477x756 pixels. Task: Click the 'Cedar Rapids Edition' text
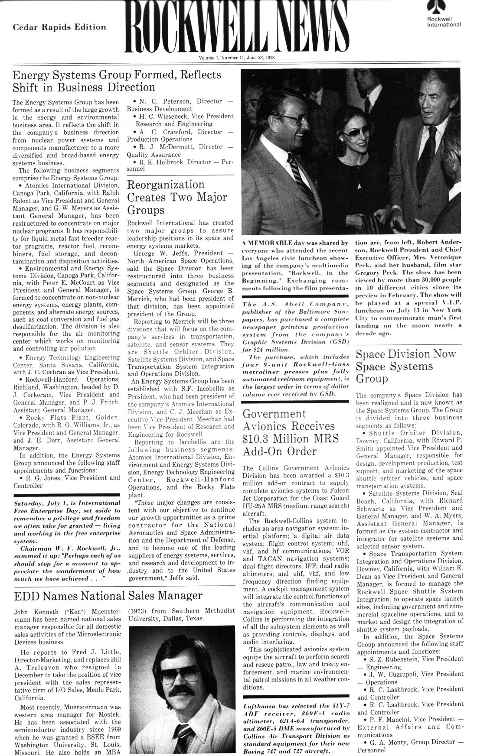tap(59, 27)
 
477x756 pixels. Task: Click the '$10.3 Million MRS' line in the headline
tap(291, 438)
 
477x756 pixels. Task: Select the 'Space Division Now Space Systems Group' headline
tap(405, 366)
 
